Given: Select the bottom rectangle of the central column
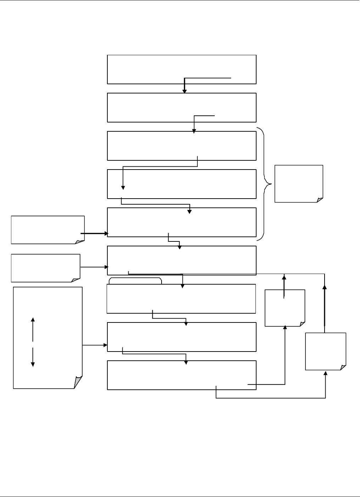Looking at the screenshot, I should click(x=181, y=375).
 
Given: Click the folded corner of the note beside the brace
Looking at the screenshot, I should click(x=320, y=200).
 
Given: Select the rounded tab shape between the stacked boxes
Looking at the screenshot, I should click(x=135, y=281).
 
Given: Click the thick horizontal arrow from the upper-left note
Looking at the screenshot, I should click(x=94, y=234).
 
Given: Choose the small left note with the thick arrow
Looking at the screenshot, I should click(x=47, y=229).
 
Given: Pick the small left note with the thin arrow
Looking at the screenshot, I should click(x=45, y=268).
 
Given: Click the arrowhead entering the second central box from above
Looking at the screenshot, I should click(x=184, y=91).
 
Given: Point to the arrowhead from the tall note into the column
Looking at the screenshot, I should click(x=105, y=345).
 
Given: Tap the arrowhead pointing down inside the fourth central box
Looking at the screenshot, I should click(x=123, y=188).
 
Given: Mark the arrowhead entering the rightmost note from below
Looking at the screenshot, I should click(x=326, y=373).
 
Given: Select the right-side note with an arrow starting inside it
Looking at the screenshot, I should click(x=285, y=308).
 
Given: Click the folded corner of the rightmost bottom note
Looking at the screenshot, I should click(x=343, y=367).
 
